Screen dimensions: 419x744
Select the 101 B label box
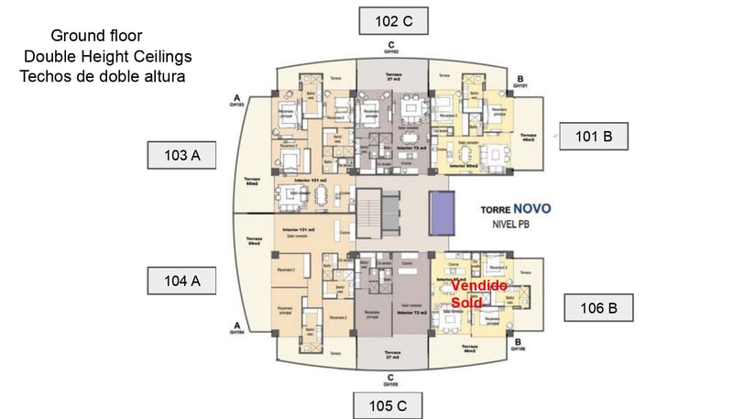pyautogui.click(x=593, y=137)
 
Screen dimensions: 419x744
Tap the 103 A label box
pyautogui.click(x=181, y=155)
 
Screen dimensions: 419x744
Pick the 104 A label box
pyautogui.click(x=181, y=281)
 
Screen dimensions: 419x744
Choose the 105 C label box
pyautogui.click(x=388, y=405)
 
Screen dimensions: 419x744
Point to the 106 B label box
pyautogui.click(x=597, y=307)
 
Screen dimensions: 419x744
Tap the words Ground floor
pyautogui.click(x=96, y=37)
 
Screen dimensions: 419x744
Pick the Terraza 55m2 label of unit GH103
pyautogui.click(x=254, y=182)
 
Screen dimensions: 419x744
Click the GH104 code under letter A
pyautogui.click(x=237, y=334)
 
